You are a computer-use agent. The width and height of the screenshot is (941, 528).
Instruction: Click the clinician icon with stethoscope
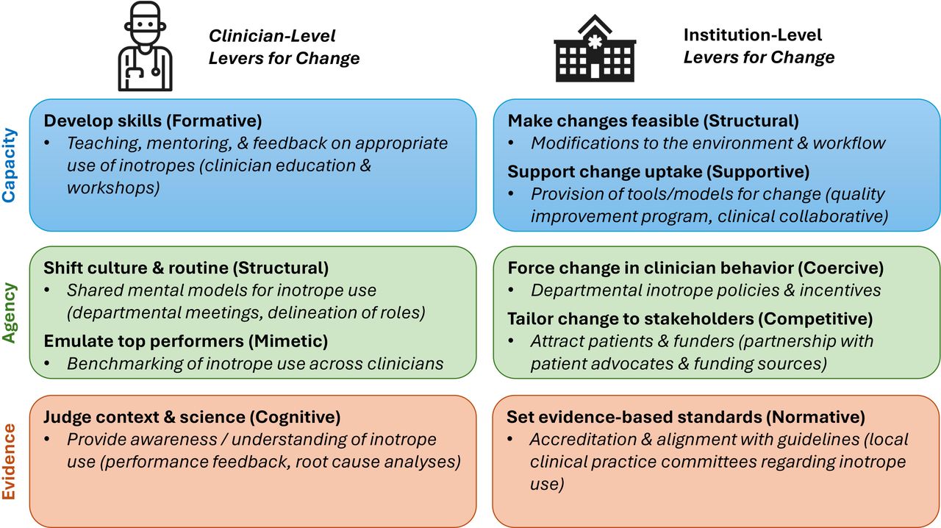click(145, 46)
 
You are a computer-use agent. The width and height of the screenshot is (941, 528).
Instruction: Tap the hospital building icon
click(595, 49)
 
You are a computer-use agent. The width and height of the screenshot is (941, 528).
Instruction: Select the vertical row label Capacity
click(10, 165)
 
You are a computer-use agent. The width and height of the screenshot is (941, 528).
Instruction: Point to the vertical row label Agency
click(10, 313)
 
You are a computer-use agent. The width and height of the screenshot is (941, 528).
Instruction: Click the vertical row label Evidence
click(10, 461)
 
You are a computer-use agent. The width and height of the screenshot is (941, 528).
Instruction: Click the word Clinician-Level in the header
click(272, 36)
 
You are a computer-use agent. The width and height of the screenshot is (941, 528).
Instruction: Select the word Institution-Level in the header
click(752, 35)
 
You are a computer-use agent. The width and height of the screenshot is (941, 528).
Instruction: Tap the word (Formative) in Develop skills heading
click(214, 121)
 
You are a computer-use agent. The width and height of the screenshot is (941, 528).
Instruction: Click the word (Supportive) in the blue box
click(758, 172)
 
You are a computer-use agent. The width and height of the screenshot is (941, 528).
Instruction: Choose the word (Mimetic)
click(288, 341)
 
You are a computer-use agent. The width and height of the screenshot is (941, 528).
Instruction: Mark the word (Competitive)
click(815, 318)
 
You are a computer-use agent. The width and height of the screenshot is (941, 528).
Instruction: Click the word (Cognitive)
click(295, 417)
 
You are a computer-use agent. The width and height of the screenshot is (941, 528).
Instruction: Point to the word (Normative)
click(815, 417)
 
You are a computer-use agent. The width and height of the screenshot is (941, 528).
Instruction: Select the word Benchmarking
click(125, 364)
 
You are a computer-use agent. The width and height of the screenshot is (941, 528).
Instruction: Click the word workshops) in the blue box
click(113, 188)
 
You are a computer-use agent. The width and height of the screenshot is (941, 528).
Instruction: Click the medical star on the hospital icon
click(595, 42)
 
